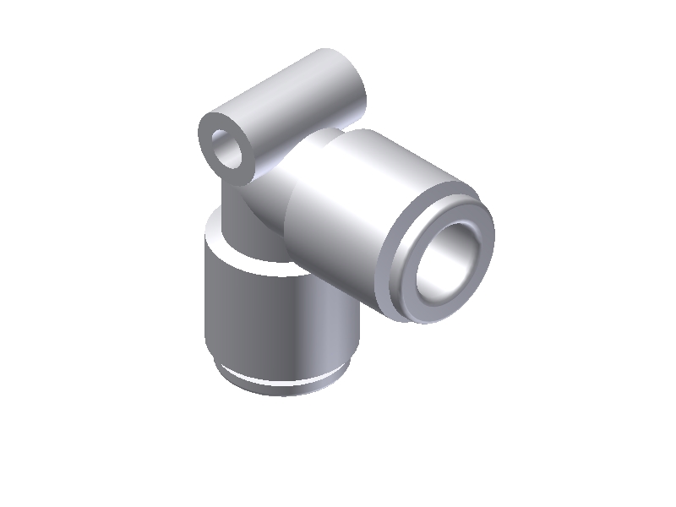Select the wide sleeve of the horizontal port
click(x=363, y=203)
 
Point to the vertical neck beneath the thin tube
click(x=232, y=203)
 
